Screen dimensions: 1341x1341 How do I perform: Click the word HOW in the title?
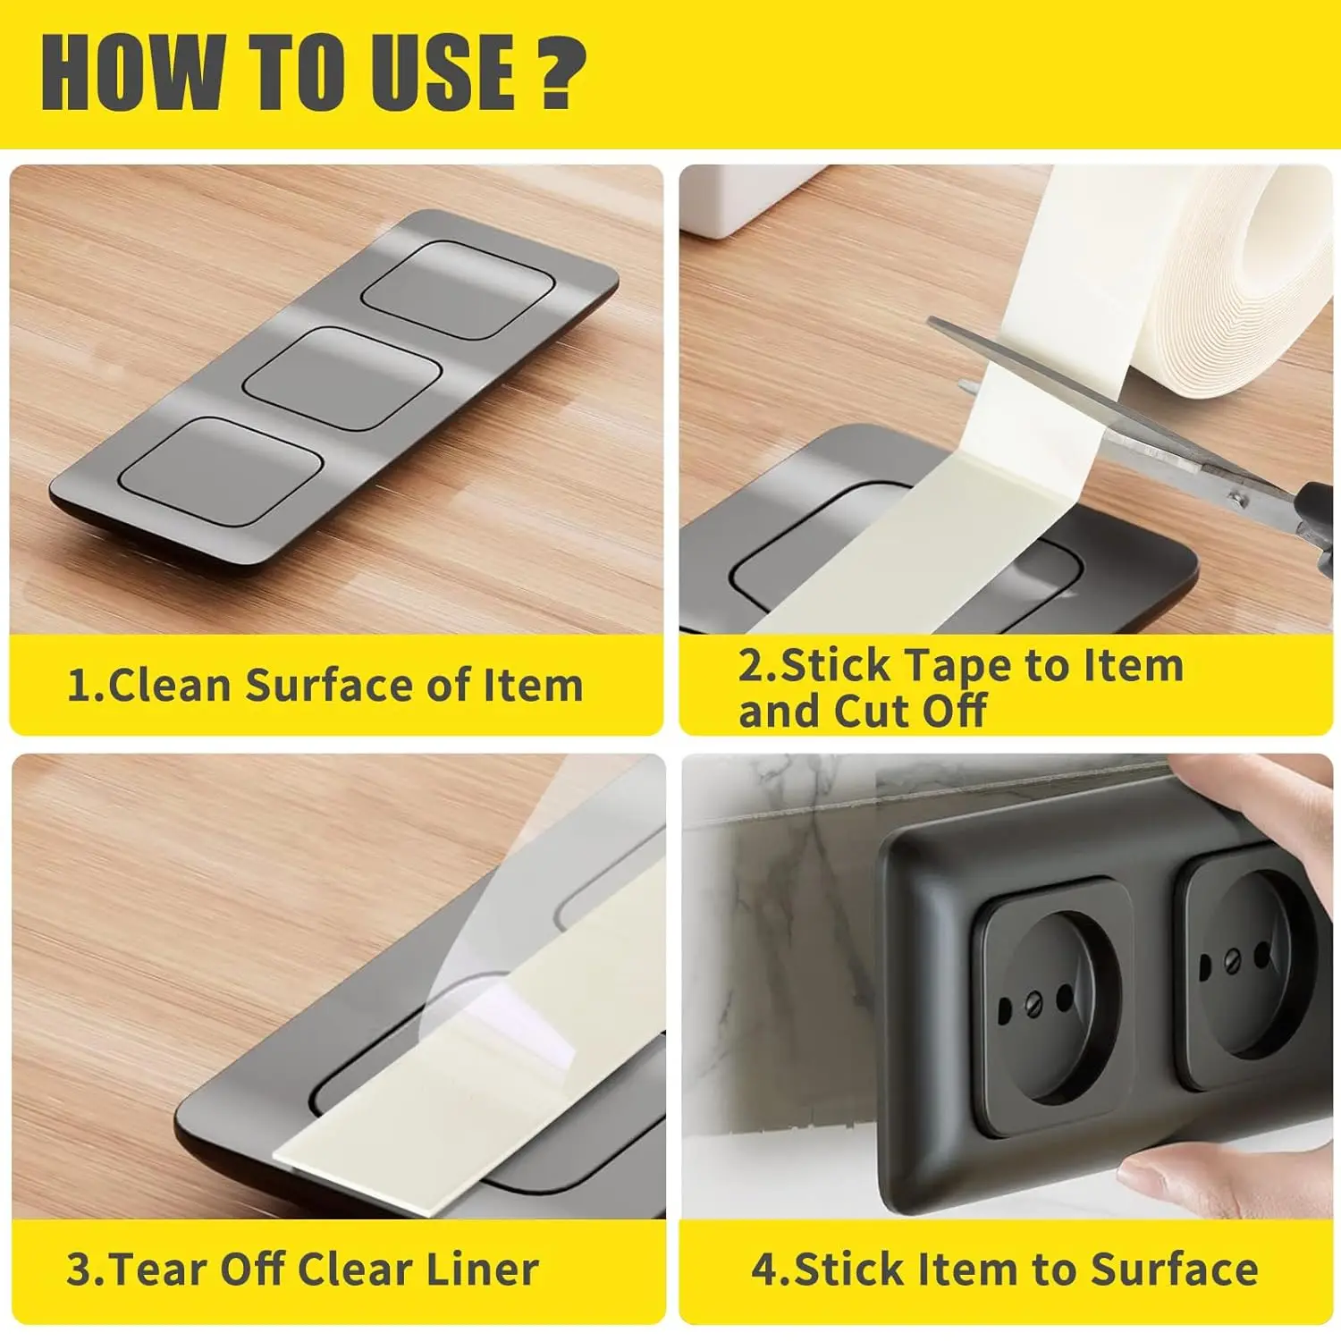(x=131, y=74)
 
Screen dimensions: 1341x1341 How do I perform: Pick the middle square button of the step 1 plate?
(x=343, y=376)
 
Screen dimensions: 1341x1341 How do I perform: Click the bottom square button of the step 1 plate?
(x=221, y=470)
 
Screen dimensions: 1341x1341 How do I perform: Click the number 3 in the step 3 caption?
(x=79, y=1270)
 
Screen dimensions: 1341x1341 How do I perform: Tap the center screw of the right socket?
(x=1233, y=963)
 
